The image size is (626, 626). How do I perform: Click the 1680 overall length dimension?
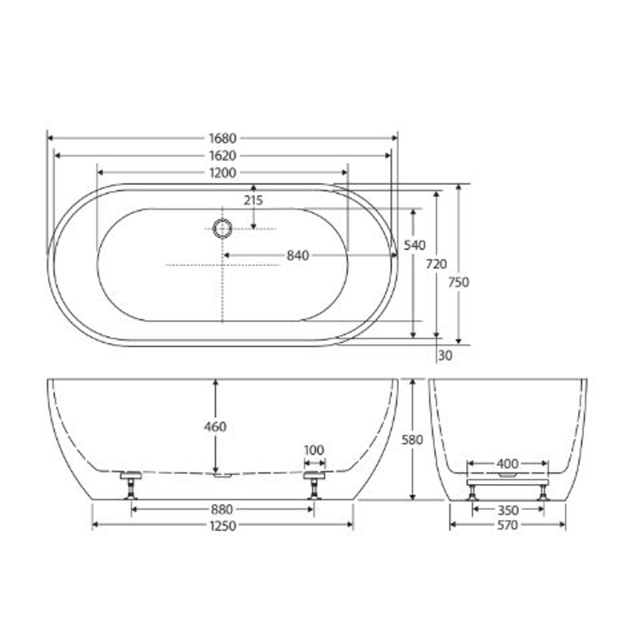[x=223, y=138]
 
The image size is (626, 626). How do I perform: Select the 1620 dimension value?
[x=223, y=155]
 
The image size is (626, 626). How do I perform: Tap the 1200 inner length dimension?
[x=223, y=173]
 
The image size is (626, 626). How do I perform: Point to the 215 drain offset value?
[x=253, y=201]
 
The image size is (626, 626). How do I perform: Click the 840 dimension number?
[x=298, y=255]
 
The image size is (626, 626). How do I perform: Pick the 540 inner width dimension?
[x=414, y=245]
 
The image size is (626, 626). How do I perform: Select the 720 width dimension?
[x=436, y=264]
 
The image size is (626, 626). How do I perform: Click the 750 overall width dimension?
[x=458, y=282]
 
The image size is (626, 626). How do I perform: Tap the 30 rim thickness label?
[x=445, y=356]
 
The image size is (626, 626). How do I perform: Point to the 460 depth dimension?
[x=215, y=427]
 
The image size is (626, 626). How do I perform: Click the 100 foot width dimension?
[x=314, y=450]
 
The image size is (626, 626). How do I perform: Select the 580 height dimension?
[x=412, y=440]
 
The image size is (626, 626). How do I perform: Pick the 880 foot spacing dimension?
[x=222, y=509]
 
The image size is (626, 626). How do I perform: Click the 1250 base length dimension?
[x=223, y=525]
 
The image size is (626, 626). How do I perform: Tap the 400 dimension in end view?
[x=508, y=464]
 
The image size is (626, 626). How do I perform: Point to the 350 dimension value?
[x=508, y=510]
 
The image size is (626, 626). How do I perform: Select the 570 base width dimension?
[x=508, y=525]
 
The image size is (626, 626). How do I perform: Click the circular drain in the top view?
[x=222, y=228]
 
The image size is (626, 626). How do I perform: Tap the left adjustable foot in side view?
[x=131, y=485]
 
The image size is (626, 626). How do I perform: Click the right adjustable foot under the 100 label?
[x=314, y=485]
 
